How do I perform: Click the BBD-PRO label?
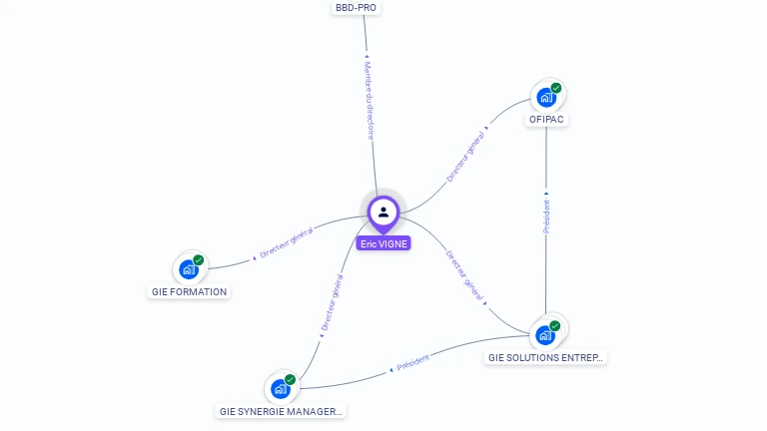tap(357, 8)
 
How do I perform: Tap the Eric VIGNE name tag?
tap(383, 243)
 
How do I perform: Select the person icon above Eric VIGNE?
tap(383, 212)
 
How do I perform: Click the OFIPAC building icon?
tap(545, 98)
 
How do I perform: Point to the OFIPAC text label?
tap(547, 120)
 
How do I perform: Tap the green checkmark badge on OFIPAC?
tap(556, 88)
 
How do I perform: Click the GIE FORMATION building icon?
tap(188, 269)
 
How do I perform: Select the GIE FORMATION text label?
tap(189, 292)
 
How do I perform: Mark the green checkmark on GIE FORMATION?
tap(199, 260)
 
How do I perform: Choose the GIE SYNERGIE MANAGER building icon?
tap(280, 389)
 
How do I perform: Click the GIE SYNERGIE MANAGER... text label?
tap(281, 411)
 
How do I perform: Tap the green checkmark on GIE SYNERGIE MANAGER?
tap(291, 379)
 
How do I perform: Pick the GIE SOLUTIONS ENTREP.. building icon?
tap(544, 335)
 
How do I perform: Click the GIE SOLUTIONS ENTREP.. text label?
tap(546, 357)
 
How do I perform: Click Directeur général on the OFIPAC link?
tap(466, 157)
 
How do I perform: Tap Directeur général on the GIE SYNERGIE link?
tap(332, 303)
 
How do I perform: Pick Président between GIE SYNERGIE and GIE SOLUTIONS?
tap(412, 363)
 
